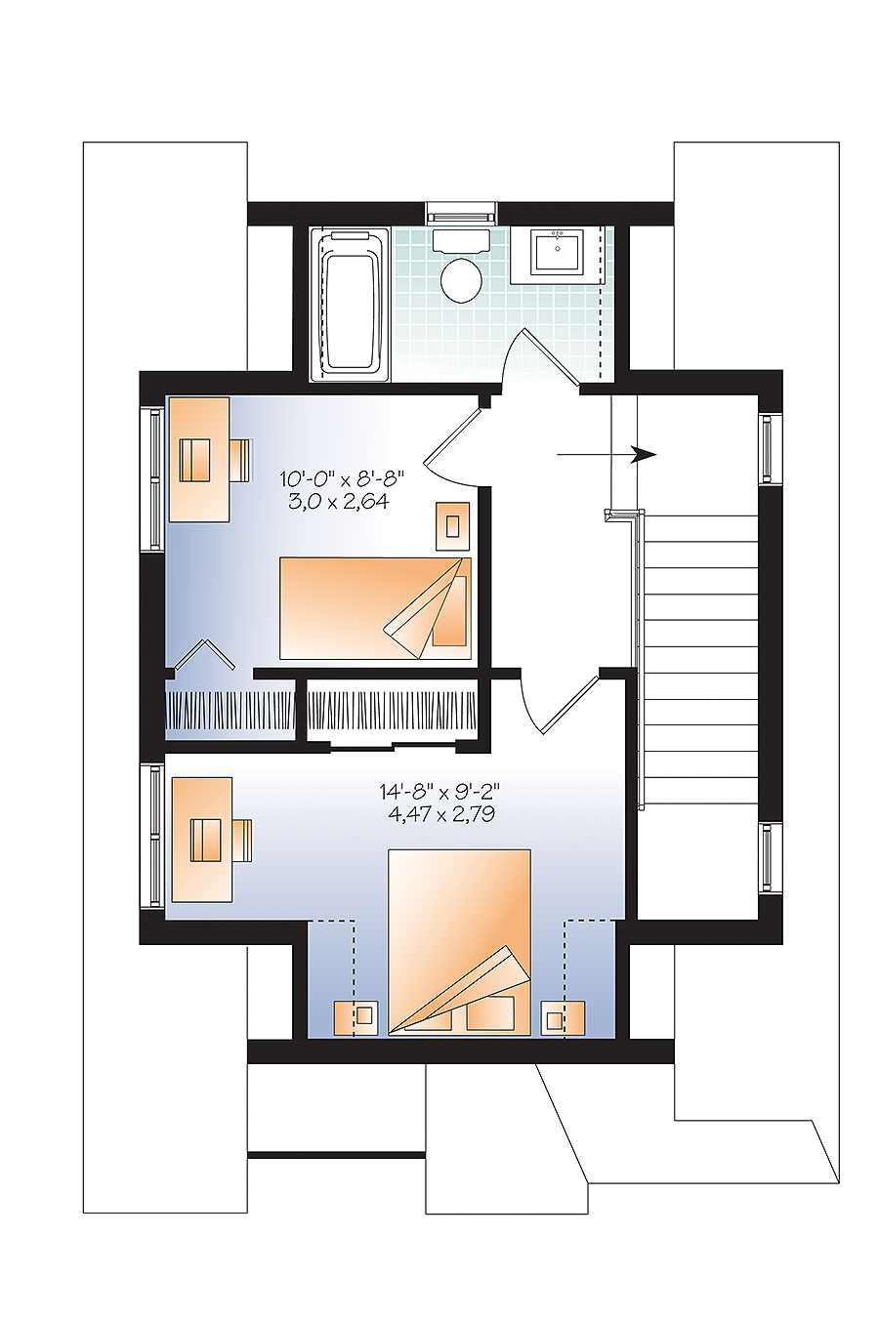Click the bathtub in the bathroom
point(350,303)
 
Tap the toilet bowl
point(461,279)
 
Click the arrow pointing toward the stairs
point(606,454)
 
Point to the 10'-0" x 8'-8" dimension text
point(341,478)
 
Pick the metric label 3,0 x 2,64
point(339,502)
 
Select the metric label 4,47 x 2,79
point(439,814)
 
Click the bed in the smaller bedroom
point(375,608)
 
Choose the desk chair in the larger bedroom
point(240,841)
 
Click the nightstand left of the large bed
point(356,1017)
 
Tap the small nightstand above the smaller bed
point(452,526)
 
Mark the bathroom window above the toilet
point(462,213)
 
